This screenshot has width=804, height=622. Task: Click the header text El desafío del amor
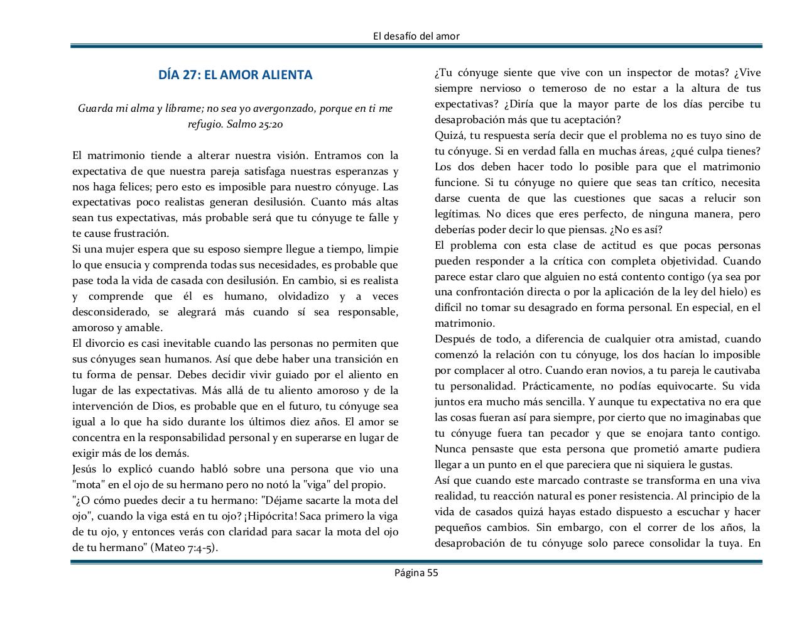click(x=416, y=36)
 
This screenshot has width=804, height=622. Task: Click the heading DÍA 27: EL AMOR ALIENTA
click(x=235, y=75)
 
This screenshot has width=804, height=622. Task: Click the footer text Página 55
click(x=416, y=572)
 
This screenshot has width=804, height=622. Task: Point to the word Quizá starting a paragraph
click(x=448, y=136)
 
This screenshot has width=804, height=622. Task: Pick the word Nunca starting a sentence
click(x=450, y=449)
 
